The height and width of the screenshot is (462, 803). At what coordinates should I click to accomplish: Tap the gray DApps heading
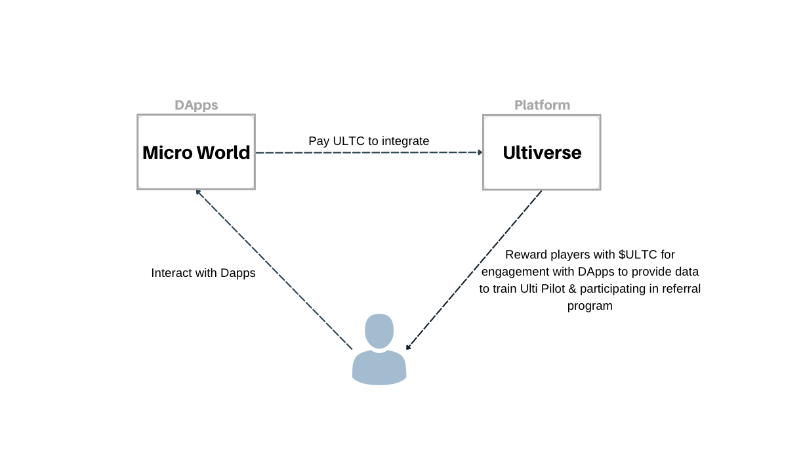point(196,105)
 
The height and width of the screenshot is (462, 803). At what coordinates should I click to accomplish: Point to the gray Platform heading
point(542,105)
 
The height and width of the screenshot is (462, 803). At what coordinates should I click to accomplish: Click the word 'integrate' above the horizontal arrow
point(405,141)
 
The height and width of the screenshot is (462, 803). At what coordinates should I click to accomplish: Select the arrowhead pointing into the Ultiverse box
point(480,152)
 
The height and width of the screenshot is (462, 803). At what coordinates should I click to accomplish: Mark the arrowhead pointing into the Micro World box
point(198,193)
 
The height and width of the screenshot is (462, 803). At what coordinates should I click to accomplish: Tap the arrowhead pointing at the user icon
point(408,346)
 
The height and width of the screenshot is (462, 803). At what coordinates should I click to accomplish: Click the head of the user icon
point(379,331)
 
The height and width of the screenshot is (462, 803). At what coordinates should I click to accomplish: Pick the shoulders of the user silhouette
point(379,368)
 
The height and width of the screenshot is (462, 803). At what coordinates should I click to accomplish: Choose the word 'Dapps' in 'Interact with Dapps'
point(237,274)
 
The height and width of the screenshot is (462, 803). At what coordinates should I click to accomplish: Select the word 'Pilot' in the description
point(553,289)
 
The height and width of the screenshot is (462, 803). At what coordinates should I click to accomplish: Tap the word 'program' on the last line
point(590,306)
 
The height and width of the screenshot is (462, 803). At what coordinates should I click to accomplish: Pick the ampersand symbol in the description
point(573,289)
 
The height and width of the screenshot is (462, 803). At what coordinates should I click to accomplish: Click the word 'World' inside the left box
point(223,152)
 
